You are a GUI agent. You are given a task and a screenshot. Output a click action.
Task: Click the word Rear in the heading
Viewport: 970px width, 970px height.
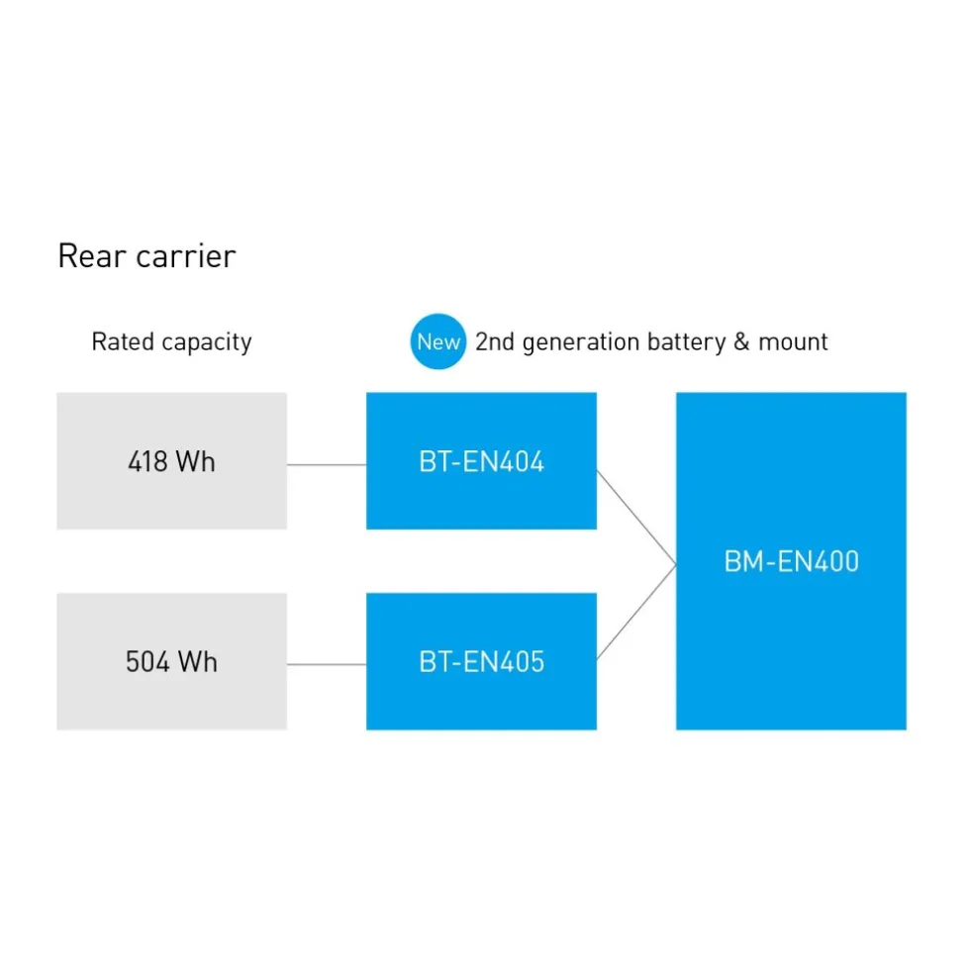pyautogui.click(x=91, y=256)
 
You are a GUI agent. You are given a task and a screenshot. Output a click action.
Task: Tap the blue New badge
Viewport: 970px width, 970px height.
pyautogui.click(x=437, y=341)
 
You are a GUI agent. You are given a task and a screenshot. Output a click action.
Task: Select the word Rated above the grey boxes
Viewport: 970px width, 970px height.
pyautogui.click(x=123, y=341)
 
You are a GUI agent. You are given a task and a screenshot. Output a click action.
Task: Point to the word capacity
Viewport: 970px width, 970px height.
pyautogui.click(x=207, y=342)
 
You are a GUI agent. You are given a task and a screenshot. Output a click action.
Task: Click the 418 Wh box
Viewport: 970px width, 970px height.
pyautogui.click(x=172, y=461)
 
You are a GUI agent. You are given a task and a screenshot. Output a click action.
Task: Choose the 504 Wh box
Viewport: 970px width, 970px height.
pyautogui.click(x=172, y=661)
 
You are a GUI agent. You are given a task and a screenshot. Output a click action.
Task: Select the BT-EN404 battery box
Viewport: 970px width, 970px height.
pyautogui.click(x=481, y=461)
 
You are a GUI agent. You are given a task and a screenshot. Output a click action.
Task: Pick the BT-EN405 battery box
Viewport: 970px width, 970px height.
pyautogui.click(x=481, y=661)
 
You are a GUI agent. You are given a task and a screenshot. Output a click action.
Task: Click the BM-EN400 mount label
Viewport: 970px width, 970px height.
pyautogui.click(x=791, y=562)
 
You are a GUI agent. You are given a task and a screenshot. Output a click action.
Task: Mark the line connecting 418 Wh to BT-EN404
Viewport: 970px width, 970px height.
pyautogui.click(x=327, y=464)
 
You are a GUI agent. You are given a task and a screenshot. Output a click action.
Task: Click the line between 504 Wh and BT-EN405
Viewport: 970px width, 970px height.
pyautogui.click(x=327, y=664)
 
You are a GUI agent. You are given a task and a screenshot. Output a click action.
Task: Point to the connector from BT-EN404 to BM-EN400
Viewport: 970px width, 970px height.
pyautogui.click(x=636, y=518)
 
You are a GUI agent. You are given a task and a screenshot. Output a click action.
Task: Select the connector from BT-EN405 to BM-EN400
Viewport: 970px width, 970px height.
pyautogui.click(x=636, y=612)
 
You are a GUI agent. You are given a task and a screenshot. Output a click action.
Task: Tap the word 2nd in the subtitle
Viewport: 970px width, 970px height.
pyautogui.click(x=495, y=341)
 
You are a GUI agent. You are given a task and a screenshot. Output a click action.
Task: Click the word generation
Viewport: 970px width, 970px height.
pyautogui.click(x=581, y=342)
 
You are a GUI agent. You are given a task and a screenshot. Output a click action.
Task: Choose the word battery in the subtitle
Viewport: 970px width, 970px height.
pyautogui.click(x=686, y=342)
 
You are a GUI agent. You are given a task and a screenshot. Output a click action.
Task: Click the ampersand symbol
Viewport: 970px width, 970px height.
pyautogui.click(x=741, y=341)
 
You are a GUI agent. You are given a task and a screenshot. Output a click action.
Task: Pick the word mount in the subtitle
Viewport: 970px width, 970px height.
pyautogui.click(x=793, y=341)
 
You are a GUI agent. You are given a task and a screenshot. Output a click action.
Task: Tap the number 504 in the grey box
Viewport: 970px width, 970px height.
pyautogui.click(x=147, y=662)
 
